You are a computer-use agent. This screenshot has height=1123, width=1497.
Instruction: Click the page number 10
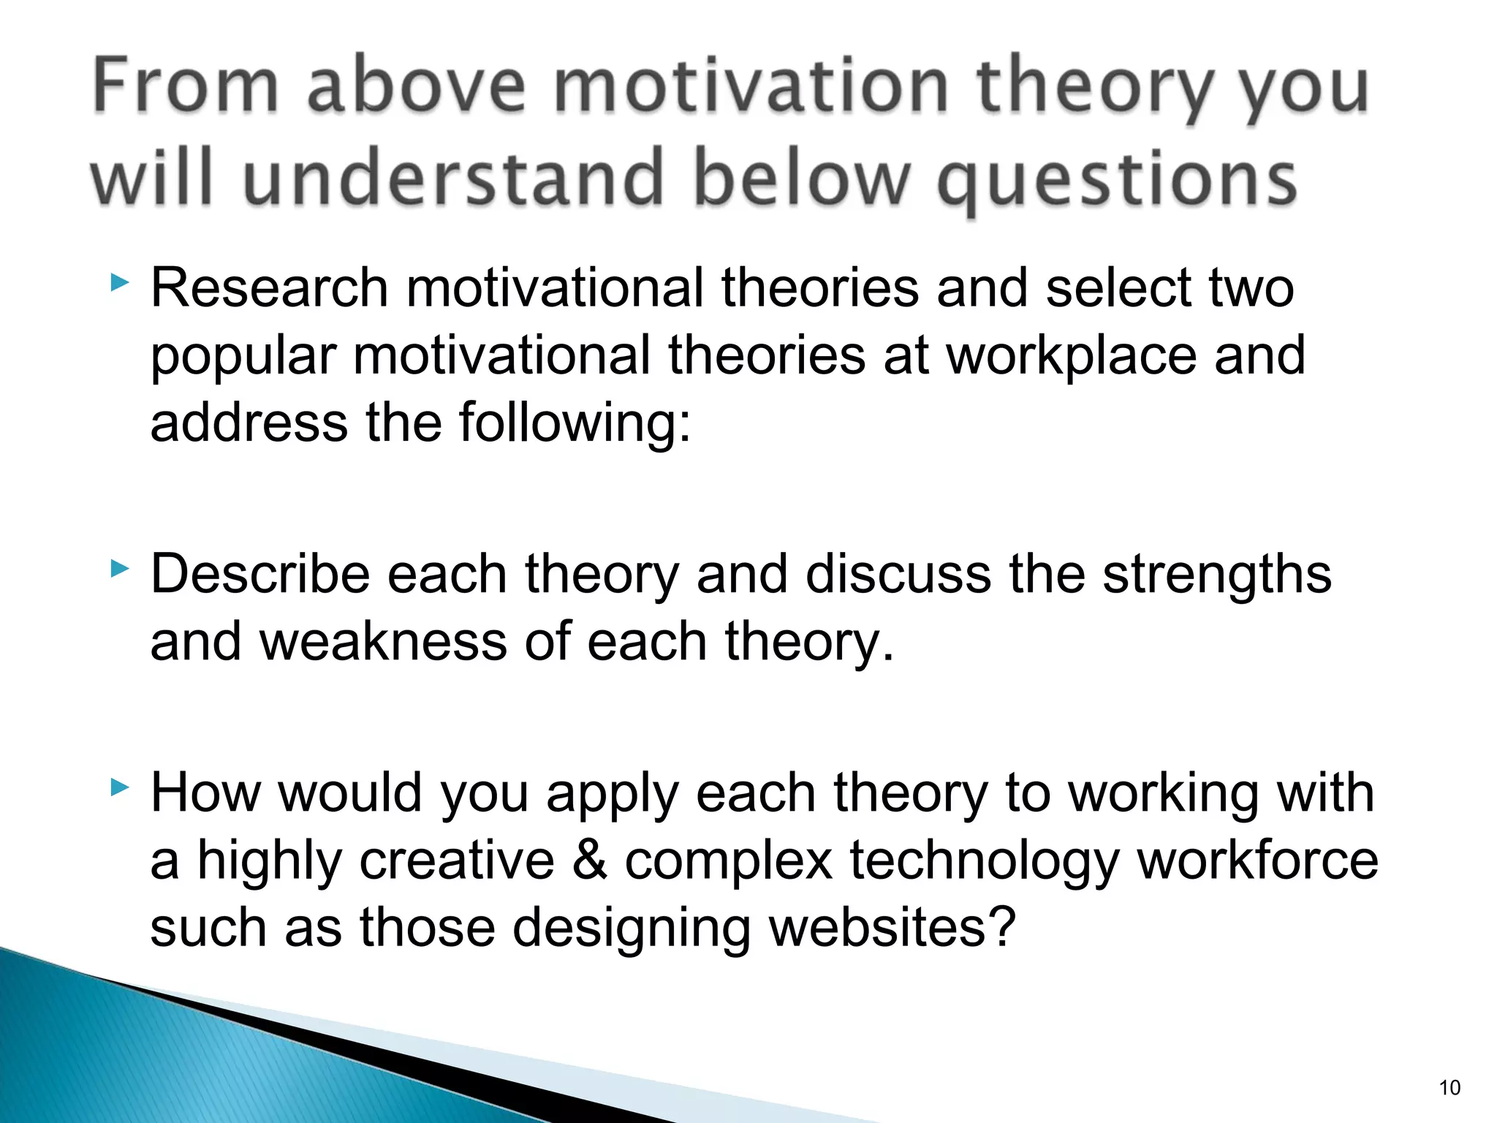(1449, 1088)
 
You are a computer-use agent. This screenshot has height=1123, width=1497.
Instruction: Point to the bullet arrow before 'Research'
(119, 283)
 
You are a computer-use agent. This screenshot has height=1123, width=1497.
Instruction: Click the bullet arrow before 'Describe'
(119, 569)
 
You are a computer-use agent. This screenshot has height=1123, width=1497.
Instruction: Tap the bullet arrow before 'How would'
(119, 787)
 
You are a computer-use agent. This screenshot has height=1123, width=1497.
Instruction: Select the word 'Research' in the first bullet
(269, 288)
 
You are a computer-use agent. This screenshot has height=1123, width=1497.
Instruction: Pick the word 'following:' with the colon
(575, 423)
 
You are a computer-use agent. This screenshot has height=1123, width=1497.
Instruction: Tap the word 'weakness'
(382, 641)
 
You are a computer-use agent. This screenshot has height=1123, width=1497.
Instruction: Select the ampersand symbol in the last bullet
(589, 861)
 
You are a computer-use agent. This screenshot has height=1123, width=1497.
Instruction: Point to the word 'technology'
(984, 861)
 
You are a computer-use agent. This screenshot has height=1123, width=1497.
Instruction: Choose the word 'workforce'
(1257, 861)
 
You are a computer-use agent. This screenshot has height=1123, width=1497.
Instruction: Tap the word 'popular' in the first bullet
(243, 357)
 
